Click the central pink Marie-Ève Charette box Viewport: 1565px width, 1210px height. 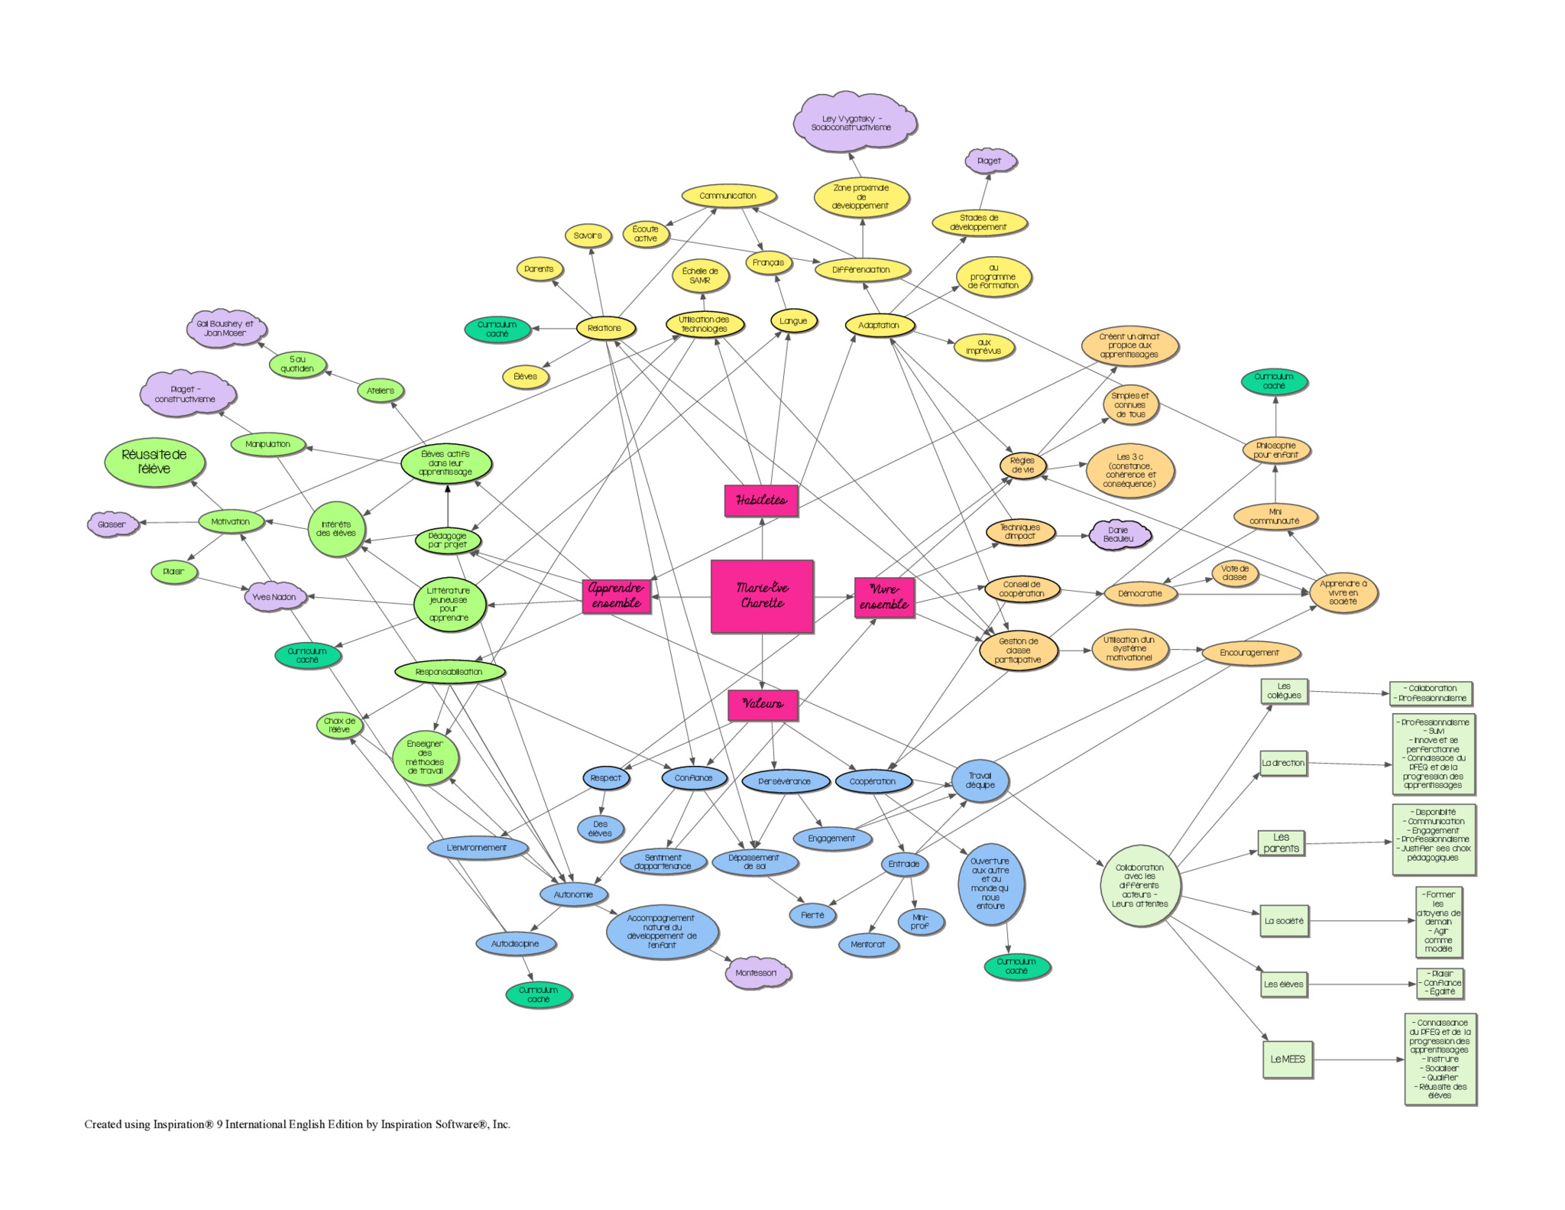[762, 596]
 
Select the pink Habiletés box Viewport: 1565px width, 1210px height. [761, 501]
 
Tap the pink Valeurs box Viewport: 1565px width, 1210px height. [763, 704]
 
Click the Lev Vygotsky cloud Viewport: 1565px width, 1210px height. [854, 122]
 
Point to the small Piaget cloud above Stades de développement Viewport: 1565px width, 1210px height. [989, 161]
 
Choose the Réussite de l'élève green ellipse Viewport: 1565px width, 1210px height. [154, 462]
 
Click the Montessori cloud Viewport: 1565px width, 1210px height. [756, 973]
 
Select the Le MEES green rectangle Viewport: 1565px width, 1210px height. [1288, 1059]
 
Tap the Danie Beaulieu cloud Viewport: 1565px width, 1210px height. [1119, 534]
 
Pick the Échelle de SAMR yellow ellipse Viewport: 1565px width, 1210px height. [700, 276]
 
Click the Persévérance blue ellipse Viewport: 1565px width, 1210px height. [785, 781]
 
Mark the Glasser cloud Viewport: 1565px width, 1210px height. [112, 524]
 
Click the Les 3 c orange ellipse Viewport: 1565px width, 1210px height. [1130, 470]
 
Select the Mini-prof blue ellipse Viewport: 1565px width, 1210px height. [920, 922]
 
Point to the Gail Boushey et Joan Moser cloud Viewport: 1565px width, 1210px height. [225, 329]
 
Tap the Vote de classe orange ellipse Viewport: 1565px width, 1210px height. [1234, 573]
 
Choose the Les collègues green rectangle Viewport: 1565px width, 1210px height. [1284, 691]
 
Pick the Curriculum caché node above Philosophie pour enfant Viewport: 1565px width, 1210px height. [1274, 381]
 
